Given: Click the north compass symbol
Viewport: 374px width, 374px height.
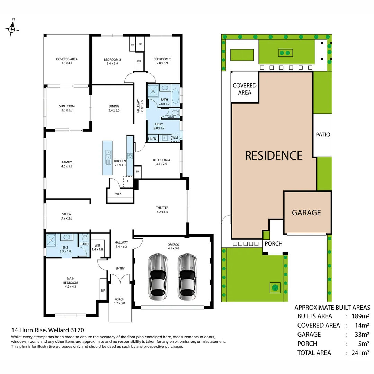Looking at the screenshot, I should pyautogui.click(x=11, y=29).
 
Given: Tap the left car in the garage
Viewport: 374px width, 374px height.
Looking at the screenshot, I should pyautogui.click(x=158, y=277).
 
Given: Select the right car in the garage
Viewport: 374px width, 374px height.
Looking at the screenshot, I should pyautogui.click(x=187, y=277).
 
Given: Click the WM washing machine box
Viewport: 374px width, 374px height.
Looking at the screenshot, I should pyautogui.click(x=176, y=138).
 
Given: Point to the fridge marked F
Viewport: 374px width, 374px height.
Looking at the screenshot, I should pyautogui.click(x=128, y=181).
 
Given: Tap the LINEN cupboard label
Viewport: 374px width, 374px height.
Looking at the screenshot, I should pyautogui.click(x=152, y=139).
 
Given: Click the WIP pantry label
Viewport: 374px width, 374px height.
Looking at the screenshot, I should pyautogui.click(x=118, y=194).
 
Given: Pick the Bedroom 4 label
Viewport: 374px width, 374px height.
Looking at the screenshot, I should pyautogui.click(x=161, y=162).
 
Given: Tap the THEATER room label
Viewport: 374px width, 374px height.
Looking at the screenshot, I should pyautogui.click(x=162, y=210).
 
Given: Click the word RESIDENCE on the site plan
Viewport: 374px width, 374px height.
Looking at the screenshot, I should pyautogui.click(x=274, y=155).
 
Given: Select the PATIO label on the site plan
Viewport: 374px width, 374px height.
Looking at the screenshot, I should pyautogui.click(x=323, y=134).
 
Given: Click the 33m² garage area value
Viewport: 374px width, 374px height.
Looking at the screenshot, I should pyautogui.click(x=360, y=335).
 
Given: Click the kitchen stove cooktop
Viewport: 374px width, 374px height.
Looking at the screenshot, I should pyautogui.click(x=130, y=156).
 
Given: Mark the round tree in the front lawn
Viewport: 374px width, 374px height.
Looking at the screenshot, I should pyautogui.click(x=276, y=287).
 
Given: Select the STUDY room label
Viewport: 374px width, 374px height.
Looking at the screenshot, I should pyautogui.click(x=66, y=216).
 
